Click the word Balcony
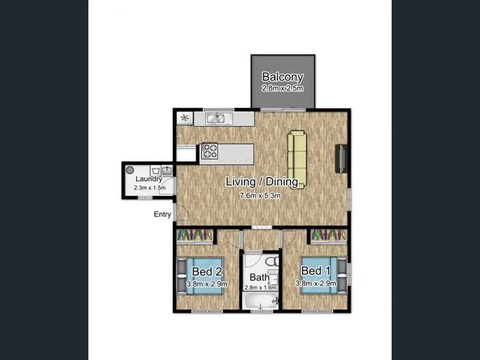pyautogui.click(x=282, y=78)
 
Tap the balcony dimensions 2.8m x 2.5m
pyautogui.click(x=282, y=89)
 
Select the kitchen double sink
pyautogui.click(x=218, y=119)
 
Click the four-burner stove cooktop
pyautogui.click(x=210, y=151)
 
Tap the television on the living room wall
pyautogui.click(x=340, y=158)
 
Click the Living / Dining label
pyautogui.click(x=262, y=182)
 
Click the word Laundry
pyautogui.click(x=148, y=180)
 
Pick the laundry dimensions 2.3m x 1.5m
pyautogui.click(x=149, y=188)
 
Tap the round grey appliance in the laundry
pyautogui.click(x=130, y=170)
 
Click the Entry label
pyautogui.click(x=163, y=215)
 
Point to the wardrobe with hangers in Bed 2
pyautogui.click(x=196, y=236)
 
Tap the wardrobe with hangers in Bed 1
pyautogui.click(x=328, y=236)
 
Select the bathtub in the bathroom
pyautogui.click(x=259, y=302)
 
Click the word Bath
pyautogui.click(x=259, y=277)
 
